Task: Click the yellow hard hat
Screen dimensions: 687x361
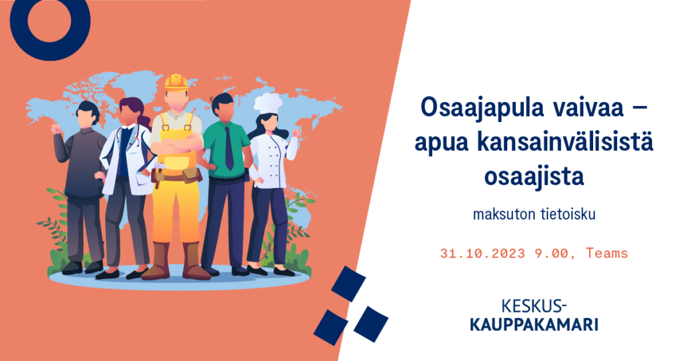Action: click(176, 83)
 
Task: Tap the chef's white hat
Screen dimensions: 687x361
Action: click(268, 104)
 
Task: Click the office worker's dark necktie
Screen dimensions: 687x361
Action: click(229, 147)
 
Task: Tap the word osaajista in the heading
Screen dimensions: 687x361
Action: click(534, 176)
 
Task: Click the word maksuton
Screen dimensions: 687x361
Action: click(498, 214)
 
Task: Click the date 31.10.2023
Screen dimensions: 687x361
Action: click(482, 253)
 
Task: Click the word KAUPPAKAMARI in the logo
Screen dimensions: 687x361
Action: click(533, 325)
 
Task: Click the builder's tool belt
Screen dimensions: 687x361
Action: click(176, 176)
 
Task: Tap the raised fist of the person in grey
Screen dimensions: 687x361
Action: click(56, 129)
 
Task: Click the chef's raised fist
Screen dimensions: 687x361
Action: click(296, 132)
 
